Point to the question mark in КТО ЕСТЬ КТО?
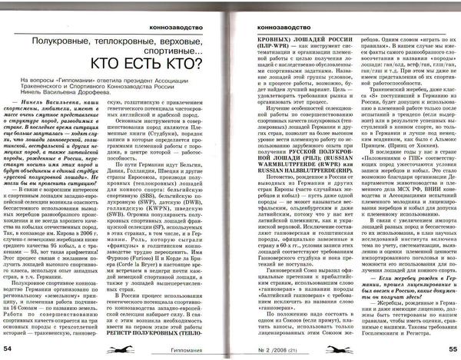222,64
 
